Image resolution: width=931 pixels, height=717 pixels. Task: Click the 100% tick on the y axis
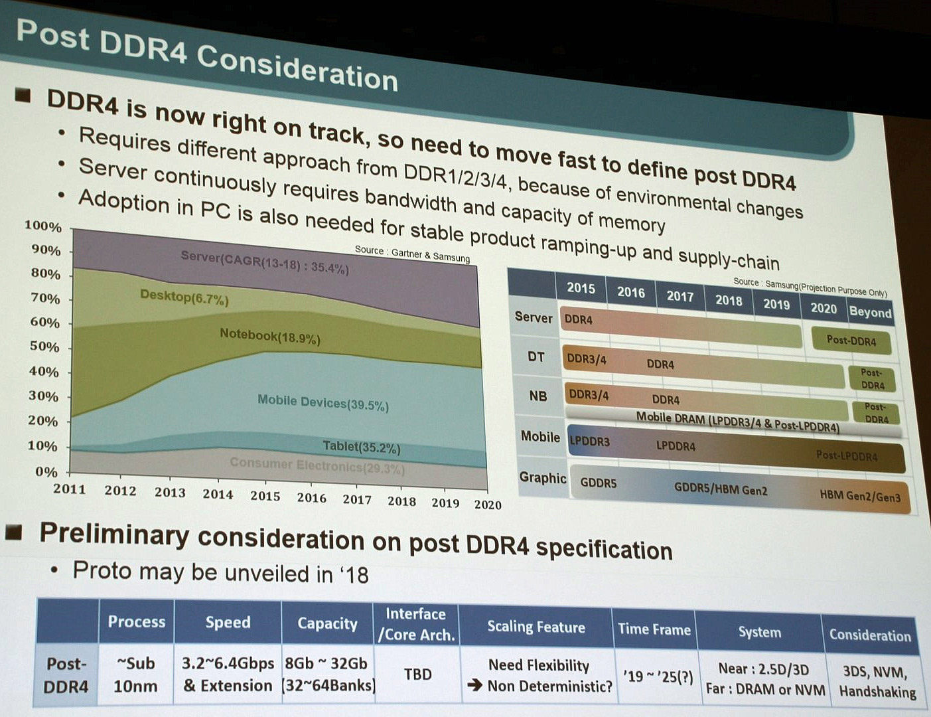click(x=44, y=226)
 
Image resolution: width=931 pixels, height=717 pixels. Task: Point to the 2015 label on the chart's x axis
click(x=265, y=495)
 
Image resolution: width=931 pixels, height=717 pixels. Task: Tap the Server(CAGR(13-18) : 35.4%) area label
click(x=264, y=262)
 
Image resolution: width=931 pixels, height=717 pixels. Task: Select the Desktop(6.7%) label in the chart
click(x=184, y=297)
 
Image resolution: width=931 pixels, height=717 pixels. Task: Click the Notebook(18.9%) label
click(x=269, y=337)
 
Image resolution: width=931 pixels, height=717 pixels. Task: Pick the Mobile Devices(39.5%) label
click(x=322, y=402)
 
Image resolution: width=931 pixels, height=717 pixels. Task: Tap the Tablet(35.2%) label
click(x=361, y=447)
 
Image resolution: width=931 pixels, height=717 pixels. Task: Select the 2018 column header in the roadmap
click(x=728, y=300)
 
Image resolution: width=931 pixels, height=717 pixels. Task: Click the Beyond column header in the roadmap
click(x=870, y=312)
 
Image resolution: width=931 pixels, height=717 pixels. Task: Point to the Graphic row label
click(x=542, y=478)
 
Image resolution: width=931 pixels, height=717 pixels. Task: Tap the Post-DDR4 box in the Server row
click(x=851, y=341)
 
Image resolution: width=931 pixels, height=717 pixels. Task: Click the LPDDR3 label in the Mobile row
click(x=589, y=441)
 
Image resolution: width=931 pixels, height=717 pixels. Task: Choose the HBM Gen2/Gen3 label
click(x=860, y=496)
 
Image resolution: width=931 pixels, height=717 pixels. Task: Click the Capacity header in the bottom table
click(x=327, y=623)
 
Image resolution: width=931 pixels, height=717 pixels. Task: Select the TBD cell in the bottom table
click(x=417, y=674)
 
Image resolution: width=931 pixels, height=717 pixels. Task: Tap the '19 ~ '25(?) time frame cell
click(x=658, y=677)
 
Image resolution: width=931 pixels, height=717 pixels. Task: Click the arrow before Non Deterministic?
click(x=474, y=685)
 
